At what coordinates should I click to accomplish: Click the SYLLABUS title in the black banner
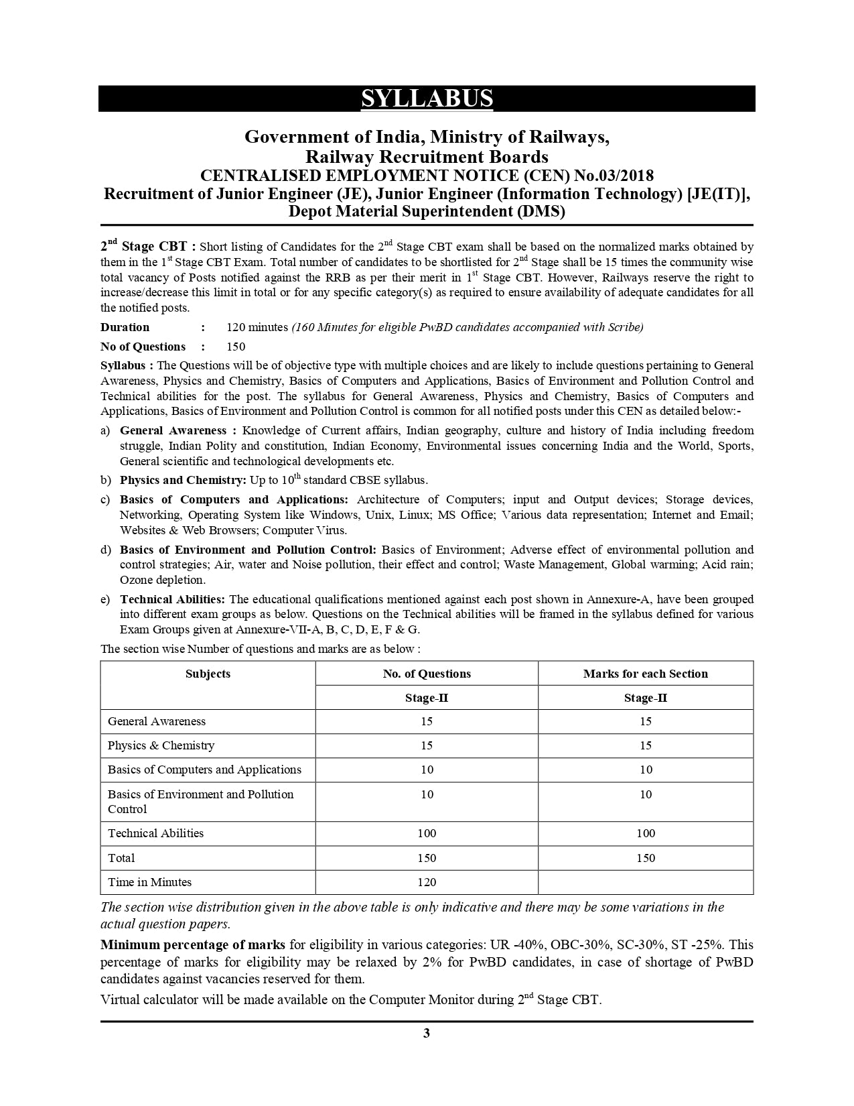tap(427, 99)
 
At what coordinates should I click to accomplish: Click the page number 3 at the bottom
tap(427, 1033)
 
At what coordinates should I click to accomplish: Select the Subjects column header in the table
tap(208, 674)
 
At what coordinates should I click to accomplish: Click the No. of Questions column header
tap(427, 674)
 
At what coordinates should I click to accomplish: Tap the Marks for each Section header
tap(645, 674)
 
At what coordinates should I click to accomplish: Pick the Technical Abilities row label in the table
tap(155, 833)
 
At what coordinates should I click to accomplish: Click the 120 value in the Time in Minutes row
tap(427, 882)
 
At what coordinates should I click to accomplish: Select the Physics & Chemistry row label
tap(161, 745)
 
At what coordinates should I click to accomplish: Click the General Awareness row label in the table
tap(157, 721)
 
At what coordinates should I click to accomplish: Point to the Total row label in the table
tap(121, 858)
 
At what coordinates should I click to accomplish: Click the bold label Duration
tap(125, 327)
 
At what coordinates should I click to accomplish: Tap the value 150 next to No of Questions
tap(236, 347)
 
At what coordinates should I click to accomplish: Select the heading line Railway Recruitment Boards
tap(427, 157)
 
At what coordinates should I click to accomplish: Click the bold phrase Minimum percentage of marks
tap(193, 944)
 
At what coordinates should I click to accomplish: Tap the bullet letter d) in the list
tap(106, 550)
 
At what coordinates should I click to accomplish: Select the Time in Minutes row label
tap(149, 882)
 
